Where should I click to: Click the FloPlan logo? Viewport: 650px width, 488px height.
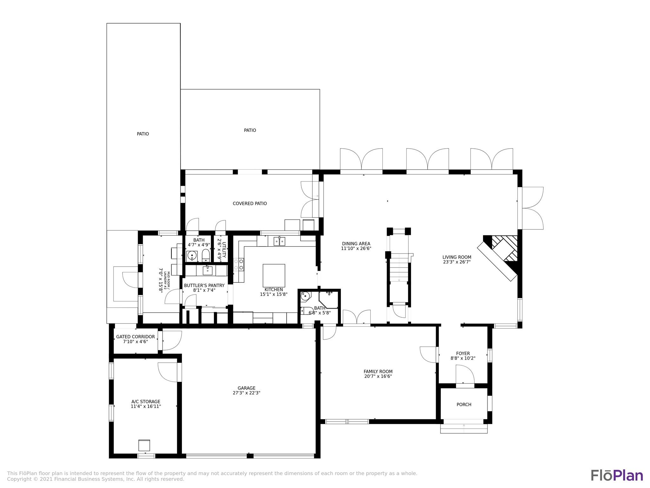pyautogui.click(x=617, y=476)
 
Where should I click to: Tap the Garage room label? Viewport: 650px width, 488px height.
pyautogui.click(x=246, y=388)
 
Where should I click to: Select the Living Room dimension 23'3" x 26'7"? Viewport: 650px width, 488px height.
pyautogui.click(x=457, y=262)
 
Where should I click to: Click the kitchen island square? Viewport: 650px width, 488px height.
pyautogui.click(x=274, y=275)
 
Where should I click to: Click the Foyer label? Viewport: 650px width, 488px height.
pyautogui.click(x=463, y=353)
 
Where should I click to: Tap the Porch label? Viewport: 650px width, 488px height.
pyautogui.click(x=464, y=404)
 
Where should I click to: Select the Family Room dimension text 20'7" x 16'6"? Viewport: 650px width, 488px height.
pyautogui.click(x=378, y=376)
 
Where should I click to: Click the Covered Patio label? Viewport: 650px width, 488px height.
pyautogui.click(x=250, y=203)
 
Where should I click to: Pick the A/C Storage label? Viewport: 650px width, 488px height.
pyautogui.click(x=146, y=402)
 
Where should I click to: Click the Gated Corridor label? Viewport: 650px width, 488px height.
pyautogui.click(x=136, y=337)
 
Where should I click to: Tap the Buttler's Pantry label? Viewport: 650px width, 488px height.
pyautogui.click(x=204, y=285)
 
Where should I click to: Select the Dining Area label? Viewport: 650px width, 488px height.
pyautogui.click(x=356, y=244)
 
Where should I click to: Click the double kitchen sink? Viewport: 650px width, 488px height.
pyautogui.click(x=280, y=241)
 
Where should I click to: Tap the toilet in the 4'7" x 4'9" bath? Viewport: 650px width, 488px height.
pyautogui.click(x=206, y=255)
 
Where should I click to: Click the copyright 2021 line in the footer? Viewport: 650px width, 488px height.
pyautogui.click(x=96, y=479)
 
